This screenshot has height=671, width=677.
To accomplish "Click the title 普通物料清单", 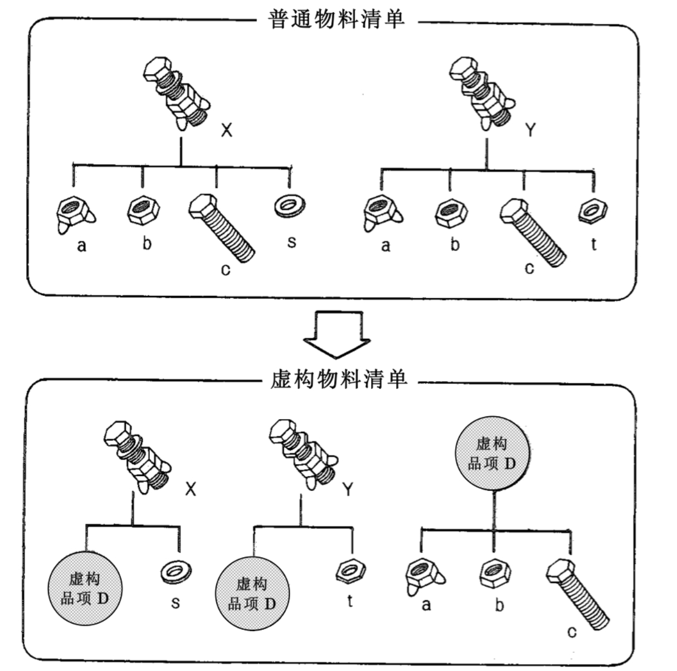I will click(x=336, y=21).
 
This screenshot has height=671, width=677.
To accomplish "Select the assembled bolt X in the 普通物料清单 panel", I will click(x=176, y=92).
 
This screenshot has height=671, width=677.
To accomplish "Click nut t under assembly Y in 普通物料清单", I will click(x=592, y=211).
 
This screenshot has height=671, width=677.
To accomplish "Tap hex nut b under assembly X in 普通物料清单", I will click(x=144, y=211).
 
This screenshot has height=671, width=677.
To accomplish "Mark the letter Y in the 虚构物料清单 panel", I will click(x=348, y=490).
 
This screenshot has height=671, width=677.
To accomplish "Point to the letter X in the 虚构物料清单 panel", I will click(x=191, y=489).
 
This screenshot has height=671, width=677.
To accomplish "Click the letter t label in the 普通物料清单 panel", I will click(x=594, y=244).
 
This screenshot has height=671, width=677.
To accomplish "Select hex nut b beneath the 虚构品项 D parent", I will click(x=495, y=573).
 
